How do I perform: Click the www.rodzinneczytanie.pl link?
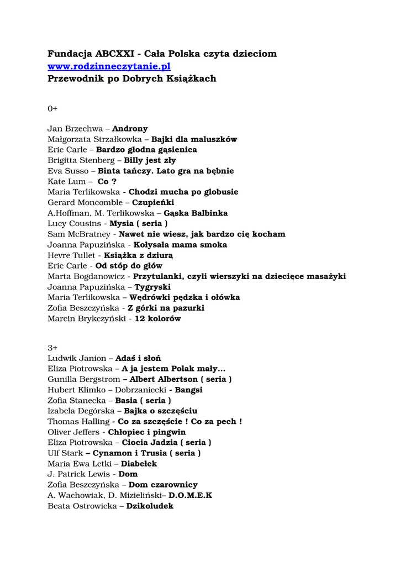pyautogui.click(x=109, y=66)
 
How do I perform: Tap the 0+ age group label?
pyautogui.click(x=52, y=108)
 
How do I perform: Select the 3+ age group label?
pyautogui.click(x=52, y=348)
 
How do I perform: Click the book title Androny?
pyautogui.click(x=130, y=129)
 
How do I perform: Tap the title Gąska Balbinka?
pyautogui.click(x=188, y=213)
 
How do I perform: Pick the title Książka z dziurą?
pyautogui.click(x=138, y=255)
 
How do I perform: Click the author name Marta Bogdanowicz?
pyautogui.click(x=86, y=276)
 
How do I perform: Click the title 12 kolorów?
pyautogui.click(x=157, y=319)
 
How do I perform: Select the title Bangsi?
pyautogui.click(x=189, y=390)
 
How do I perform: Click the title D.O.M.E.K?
pyautogui.click(x=190, y=495)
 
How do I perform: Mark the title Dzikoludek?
pyautogui.click(x=150, y=506)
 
